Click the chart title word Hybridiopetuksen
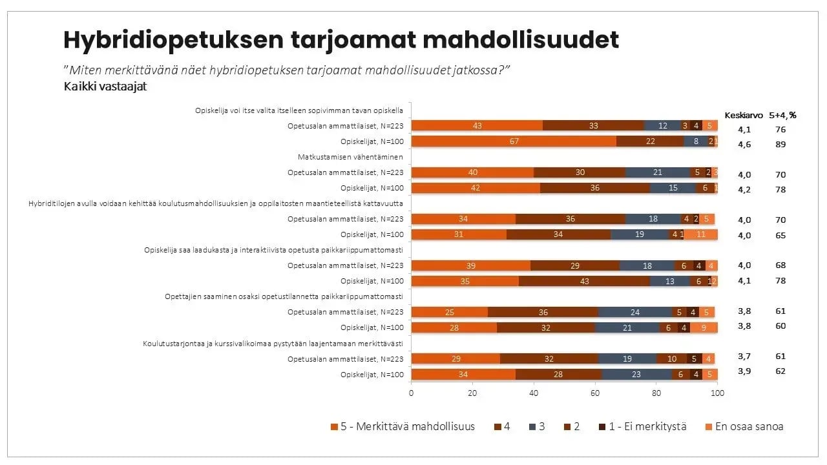pyautogui.click(x=173, y=40)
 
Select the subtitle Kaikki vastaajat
pyautogui.click(x=105, y=87)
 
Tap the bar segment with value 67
pyautogui.click(x=514, y=141)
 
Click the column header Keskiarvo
pyautogui.click(x=743, y=116)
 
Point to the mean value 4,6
pyautogui.click(x=744, y=145)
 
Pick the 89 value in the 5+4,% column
pyautogui.click(x=780, y=145)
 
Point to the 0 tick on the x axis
pyautogui.click(x=412, y=391)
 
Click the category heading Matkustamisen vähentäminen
pyautogui.click(x=350, y=157)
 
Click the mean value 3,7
pyautogui.click(x=744, y=356)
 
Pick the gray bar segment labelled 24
pyautogui.click(x=635, y=312)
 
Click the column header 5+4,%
pyautogui.click(x=782, y=116)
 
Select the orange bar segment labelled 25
pyautogui.click(x=450, y=312)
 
